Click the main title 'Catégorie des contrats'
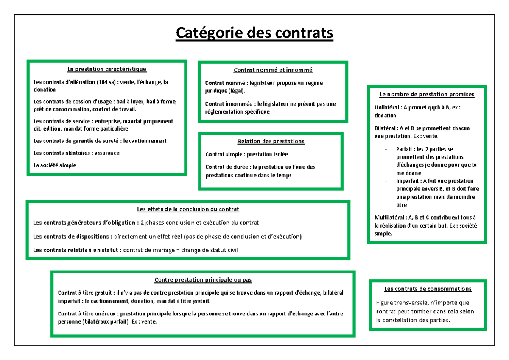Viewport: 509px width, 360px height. tap(255, 33)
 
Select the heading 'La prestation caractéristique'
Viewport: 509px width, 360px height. tap(107, 69)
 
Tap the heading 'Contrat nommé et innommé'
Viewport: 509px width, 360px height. tap(273, 70)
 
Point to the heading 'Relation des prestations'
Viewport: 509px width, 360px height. tap(271, 141)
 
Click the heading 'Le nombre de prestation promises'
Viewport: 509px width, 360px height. tap(427, 94)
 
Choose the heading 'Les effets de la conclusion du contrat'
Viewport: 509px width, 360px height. tap(188, 209)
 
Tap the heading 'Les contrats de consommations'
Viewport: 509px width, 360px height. tap(428, 289)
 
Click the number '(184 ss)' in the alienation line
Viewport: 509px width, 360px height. tap(106, 82)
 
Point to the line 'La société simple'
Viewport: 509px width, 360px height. tap(55, 165)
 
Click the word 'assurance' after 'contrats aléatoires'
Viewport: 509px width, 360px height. tap(107, 153)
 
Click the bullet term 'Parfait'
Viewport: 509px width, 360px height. tap(405, 149)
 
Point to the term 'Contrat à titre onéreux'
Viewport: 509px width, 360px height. tap(87, 314)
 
